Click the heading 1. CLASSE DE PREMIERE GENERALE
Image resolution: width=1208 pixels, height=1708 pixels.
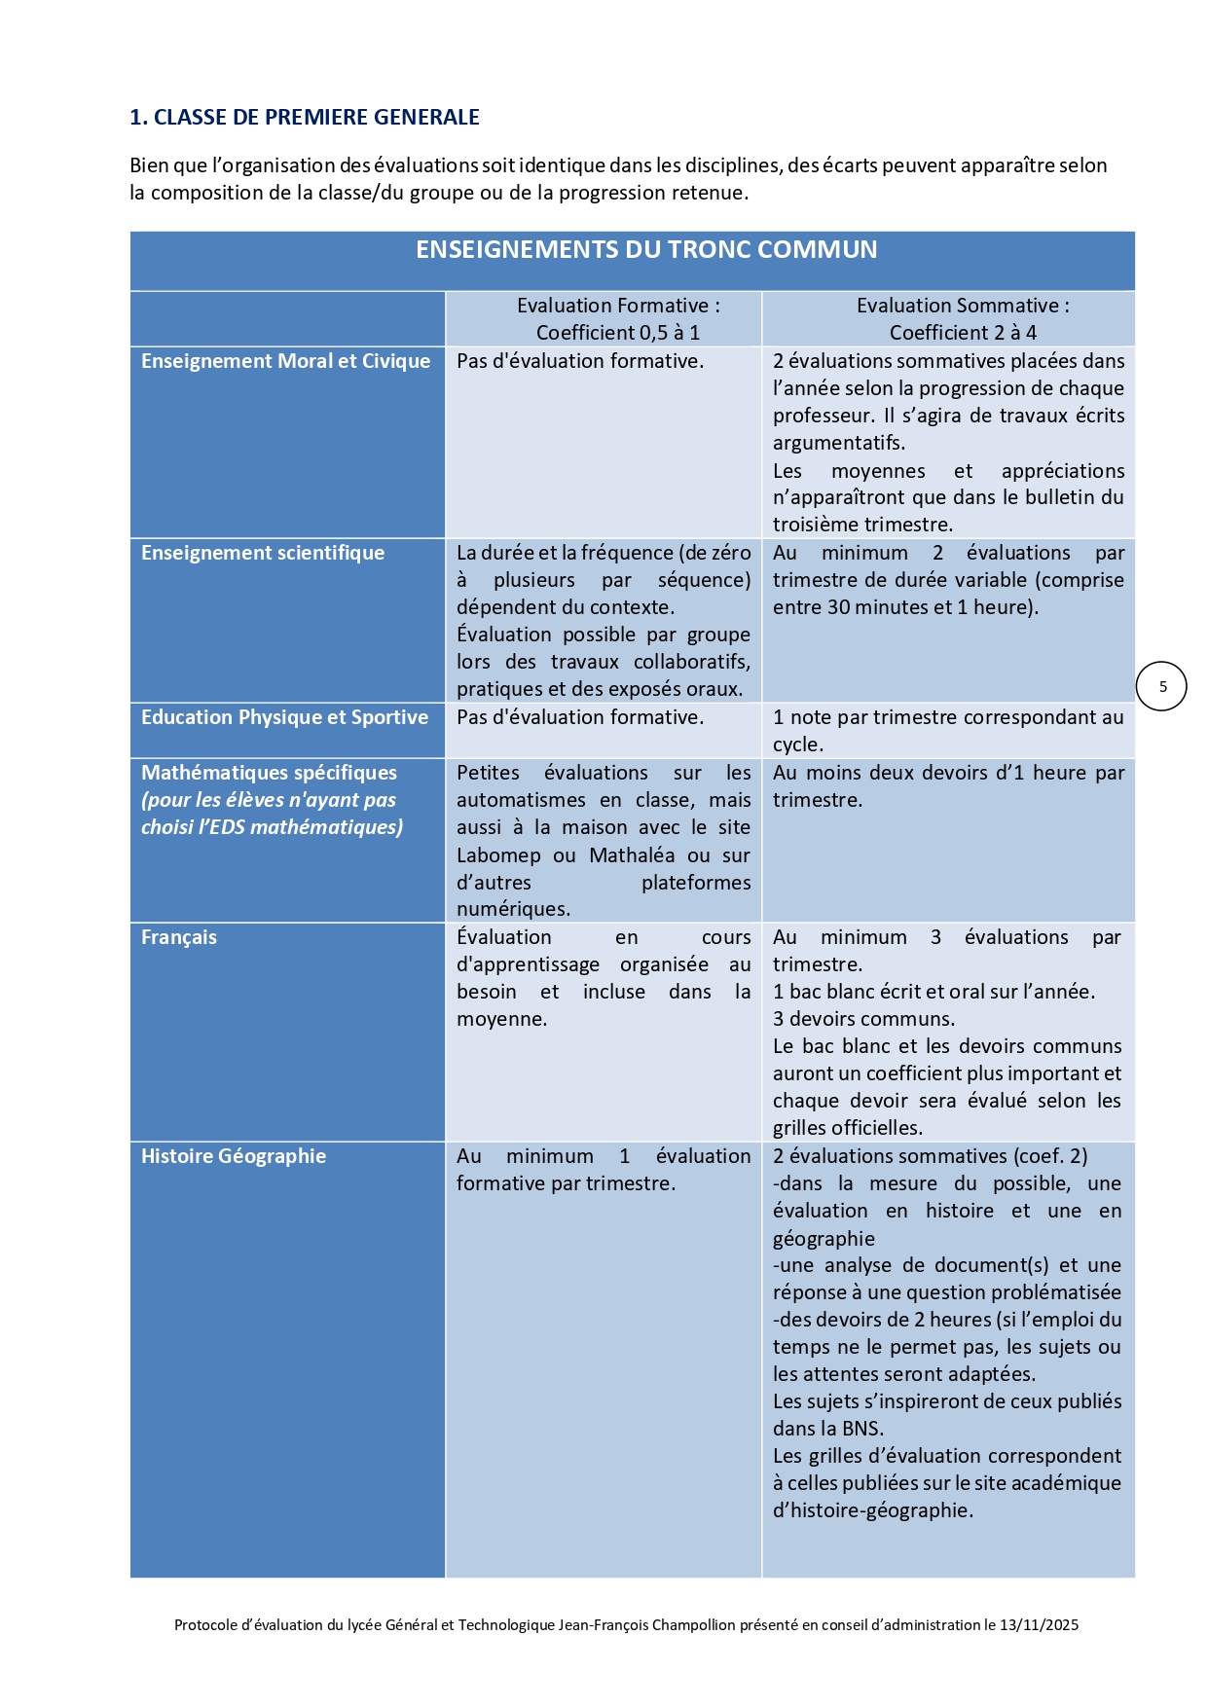(x=305, y=117)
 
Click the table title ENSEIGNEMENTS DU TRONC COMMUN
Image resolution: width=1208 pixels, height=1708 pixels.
(x=646, y=250)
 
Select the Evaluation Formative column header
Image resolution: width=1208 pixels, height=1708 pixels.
(x=618, y=318)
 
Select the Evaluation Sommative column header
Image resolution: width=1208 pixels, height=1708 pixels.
(x=963, y=318)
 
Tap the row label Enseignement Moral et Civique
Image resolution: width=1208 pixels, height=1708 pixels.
(x=285, y=361)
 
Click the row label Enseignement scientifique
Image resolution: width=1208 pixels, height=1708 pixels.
(x=263, y=553)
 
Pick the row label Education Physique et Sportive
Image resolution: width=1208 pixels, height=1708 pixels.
(x=284, y=717)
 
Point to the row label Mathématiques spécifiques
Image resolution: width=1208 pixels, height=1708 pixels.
(x=269, y=773)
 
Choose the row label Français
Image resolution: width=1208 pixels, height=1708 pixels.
(x=179, y=937)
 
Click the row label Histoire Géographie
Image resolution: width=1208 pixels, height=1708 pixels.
(x=234, y=1156)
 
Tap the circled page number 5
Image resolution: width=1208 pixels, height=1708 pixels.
(x=1162, y=687)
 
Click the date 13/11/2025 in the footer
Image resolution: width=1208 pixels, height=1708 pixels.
(x=1039, y=1624)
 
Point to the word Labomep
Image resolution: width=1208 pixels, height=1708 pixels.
(x=498, y=855)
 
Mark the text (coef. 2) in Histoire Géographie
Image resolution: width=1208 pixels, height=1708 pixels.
(x=1050, y=1156)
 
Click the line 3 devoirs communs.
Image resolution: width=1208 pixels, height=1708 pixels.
(x=863, y=1019)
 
